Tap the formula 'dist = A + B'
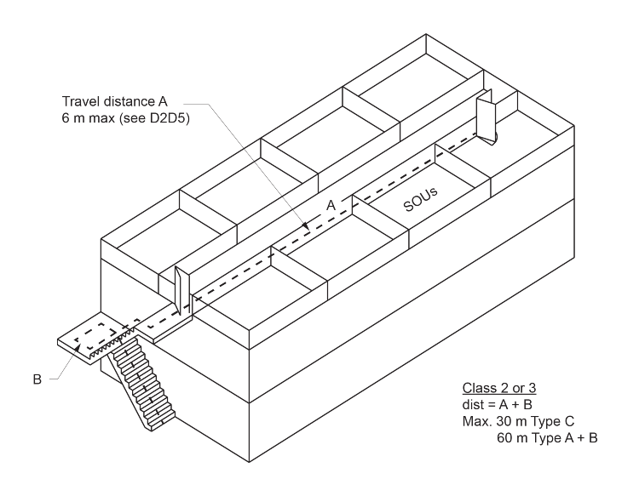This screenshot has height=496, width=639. coord(489,406)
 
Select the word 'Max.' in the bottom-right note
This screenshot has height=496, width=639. coord(468,422)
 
